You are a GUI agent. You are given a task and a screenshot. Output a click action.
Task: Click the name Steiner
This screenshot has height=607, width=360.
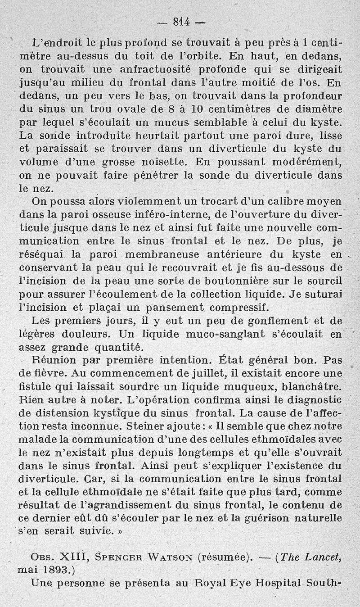pyautogui.click(x=167, y=426)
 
